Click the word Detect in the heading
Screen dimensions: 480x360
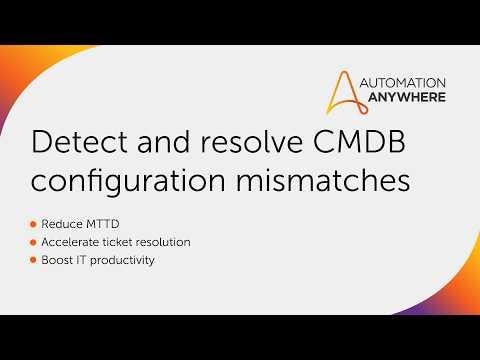pyautogui.click(x=79, y=142)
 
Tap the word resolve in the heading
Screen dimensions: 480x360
pyautogui.click(x=251, y=142)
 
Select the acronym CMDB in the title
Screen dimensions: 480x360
pyautogui.click(x=359, y=142)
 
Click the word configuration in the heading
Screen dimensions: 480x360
pyautogui.click(x=128, y=181)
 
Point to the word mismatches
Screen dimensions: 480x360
pyautogui.click(x=323, y=180)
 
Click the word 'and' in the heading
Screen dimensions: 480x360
pyautogui.click(x=164, y=142)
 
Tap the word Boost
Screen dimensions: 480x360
pyautogui.click(x=57, y=260)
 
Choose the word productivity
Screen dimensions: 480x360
pyautogui.click(x=122, y=261)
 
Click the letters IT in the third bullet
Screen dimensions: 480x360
pyautogui.click(x=81, y=260)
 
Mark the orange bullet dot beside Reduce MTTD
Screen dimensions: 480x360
pyautogui.click(x=33, y=224)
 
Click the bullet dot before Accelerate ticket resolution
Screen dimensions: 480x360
pyautogui.click(x=33, y=242)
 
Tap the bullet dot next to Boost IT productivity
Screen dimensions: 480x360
pyautogui.click(x=33, y=260)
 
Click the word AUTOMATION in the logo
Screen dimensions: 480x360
pyautogui.click(x=403, y=83)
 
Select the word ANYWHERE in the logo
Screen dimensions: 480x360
pyautogui.click(x=407, y=97)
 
